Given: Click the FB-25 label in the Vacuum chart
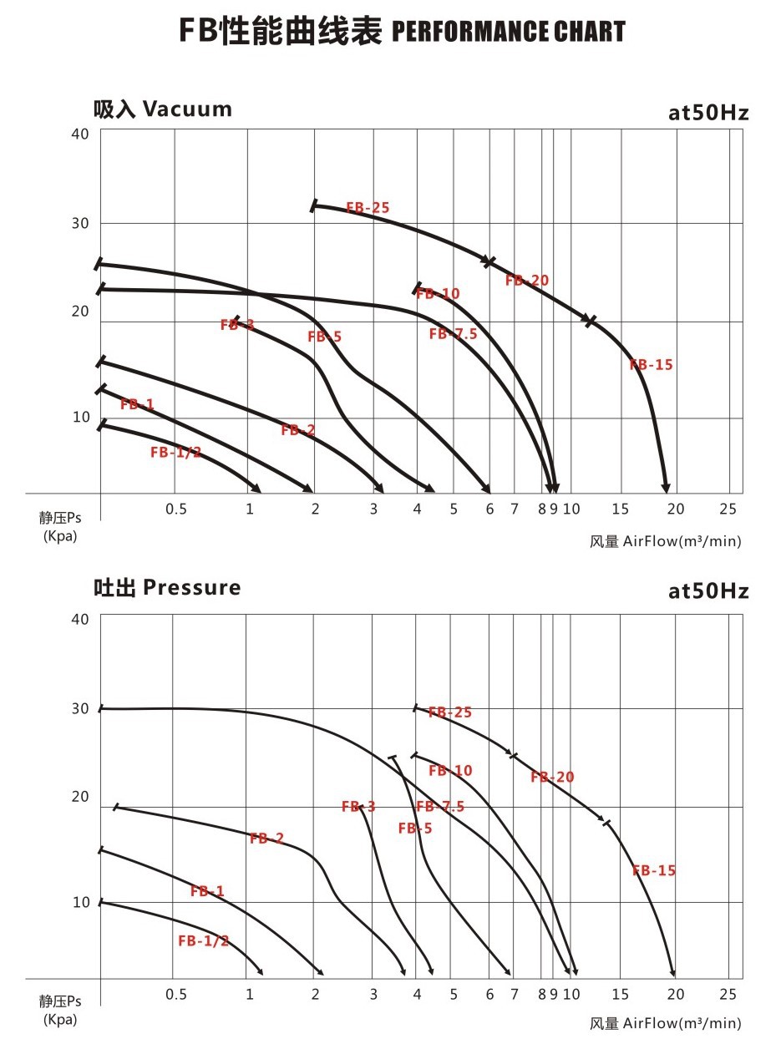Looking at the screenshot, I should coord(368,208).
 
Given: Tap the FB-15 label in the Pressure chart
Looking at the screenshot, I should coord(654,870).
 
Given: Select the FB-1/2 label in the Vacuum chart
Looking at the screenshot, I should coord(175,453).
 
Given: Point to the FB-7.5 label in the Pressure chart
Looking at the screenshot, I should coord(439,807).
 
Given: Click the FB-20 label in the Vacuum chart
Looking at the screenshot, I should coord(527,281).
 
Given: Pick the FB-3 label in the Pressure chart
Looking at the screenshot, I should coord(358,807).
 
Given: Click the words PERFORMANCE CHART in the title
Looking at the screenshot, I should coord(508,33).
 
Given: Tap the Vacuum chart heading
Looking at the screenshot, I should coord(162,109).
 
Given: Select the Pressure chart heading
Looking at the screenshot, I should coord(166,587).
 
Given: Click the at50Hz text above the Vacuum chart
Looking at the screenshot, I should coord(708,113).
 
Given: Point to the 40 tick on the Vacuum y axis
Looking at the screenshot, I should coord(80,133).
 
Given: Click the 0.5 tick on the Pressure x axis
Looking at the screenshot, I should coord(175,995).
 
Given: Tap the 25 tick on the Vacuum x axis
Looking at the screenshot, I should coord(729,509).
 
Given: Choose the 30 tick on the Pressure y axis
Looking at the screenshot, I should coord(80,708).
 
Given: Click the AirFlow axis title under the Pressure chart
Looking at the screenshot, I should coord(665,1024).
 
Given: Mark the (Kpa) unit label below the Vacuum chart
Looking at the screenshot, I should coord(60,535).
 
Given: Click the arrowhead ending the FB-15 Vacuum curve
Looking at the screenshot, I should coord(666,488).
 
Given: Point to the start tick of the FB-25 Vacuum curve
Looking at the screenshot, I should coord(314,205).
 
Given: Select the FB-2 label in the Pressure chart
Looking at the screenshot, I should coord(266,839).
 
